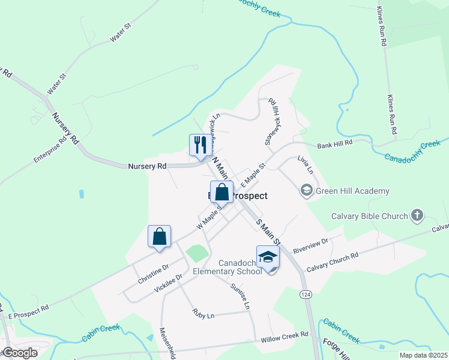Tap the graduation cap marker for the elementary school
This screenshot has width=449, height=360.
268,257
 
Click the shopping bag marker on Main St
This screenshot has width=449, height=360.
221,192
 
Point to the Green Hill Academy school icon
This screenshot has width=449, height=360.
306,191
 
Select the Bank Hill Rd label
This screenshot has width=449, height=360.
335,144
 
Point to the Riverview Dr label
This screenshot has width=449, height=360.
311,245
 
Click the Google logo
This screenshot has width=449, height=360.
19,353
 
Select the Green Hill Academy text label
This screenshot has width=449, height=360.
353,191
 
